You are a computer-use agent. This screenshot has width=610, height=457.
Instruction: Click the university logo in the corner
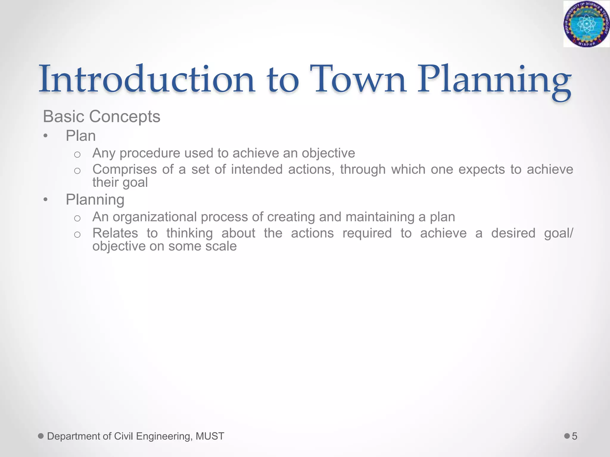586,24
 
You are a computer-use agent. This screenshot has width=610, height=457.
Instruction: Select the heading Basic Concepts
102,116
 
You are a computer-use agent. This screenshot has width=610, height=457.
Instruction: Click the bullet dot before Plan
45,136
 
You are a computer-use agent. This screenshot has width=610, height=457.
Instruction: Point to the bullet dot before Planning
45,200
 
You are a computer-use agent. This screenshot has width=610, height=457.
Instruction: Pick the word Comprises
125,169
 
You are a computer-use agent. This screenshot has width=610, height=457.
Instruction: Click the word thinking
189,233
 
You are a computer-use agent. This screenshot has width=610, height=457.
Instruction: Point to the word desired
513,233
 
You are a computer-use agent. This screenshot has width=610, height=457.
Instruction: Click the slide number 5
575,436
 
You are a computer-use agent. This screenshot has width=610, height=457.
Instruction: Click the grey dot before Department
41,436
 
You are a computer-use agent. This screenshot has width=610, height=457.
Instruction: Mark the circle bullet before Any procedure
77,154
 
